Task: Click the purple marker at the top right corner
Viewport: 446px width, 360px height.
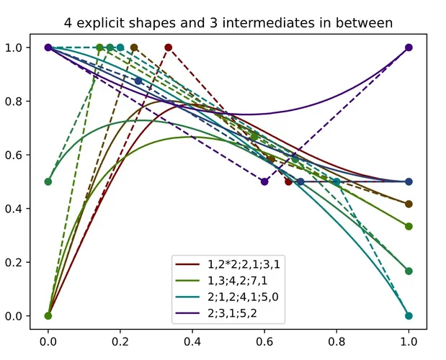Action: click(x=409, y=48)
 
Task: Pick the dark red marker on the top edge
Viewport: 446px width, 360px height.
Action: click(x=168, y=48)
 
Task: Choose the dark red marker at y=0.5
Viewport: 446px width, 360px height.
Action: click(x=288, y=181)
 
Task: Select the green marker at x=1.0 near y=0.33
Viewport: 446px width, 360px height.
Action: click(x=409, y=226)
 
